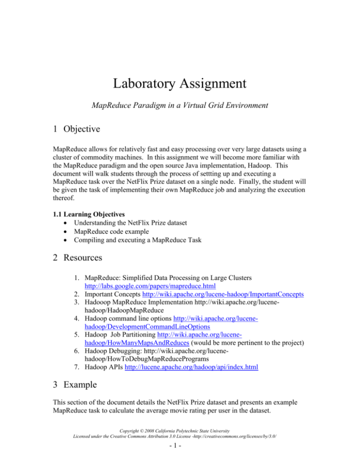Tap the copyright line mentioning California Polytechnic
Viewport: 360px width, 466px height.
[x=180, y=442]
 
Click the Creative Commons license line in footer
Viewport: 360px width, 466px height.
[x=180, y=448]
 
